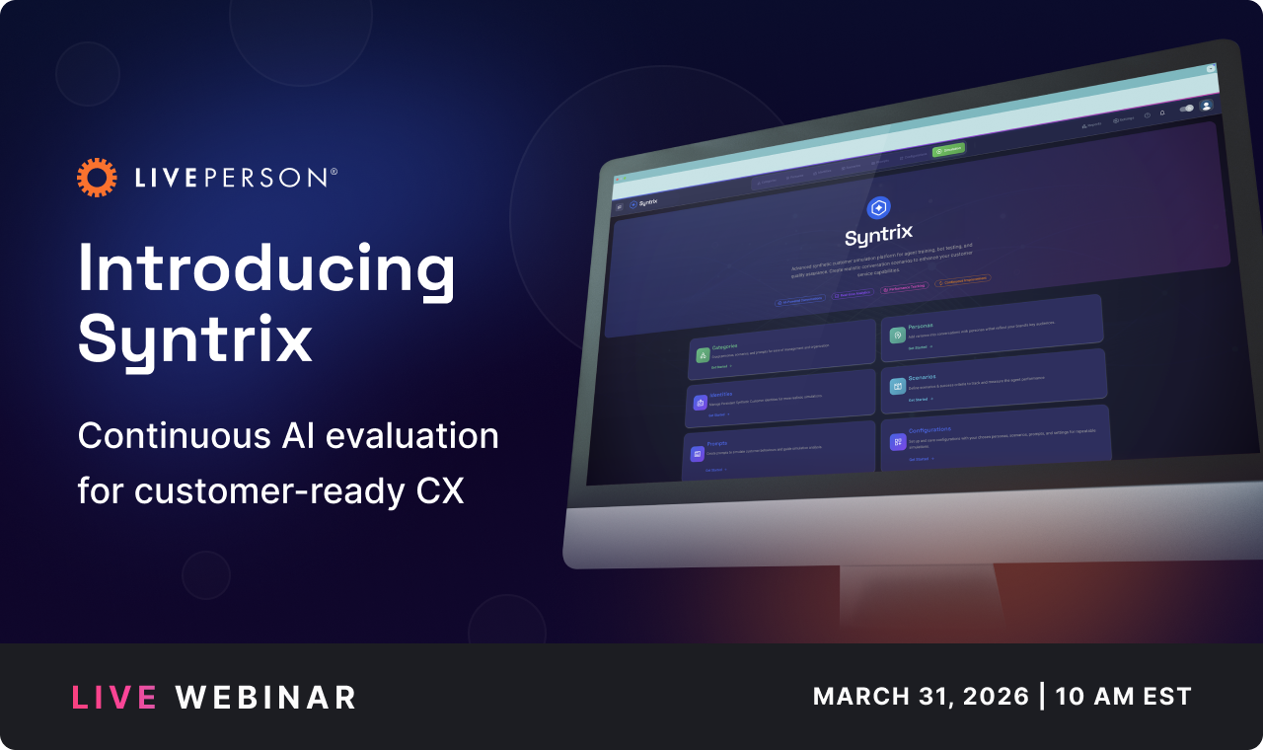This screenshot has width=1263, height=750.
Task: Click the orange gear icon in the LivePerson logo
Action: [97, 177]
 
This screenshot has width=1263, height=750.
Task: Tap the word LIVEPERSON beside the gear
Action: [235, 178]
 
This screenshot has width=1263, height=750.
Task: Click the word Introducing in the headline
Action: [266, 270]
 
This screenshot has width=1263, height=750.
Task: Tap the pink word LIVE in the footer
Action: [113, 698]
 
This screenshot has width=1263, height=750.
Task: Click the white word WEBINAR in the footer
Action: [265, 698]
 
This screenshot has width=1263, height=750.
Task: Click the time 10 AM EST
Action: [1123, 696]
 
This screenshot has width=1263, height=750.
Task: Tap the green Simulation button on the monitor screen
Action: [948, 150]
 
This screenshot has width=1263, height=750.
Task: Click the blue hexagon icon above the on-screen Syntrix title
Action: [877, 208]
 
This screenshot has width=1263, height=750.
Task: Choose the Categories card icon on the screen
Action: [703, 355]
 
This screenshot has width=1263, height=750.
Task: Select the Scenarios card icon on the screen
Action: [898, 386]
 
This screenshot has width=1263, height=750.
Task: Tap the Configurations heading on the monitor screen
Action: [929, 429]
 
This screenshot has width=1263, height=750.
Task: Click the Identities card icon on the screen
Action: [700, 403]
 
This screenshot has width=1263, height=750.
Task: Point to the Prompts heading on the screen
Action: [716, 443]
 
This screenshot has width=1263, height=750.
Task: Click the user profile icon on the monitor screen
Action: [1206, 106]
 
